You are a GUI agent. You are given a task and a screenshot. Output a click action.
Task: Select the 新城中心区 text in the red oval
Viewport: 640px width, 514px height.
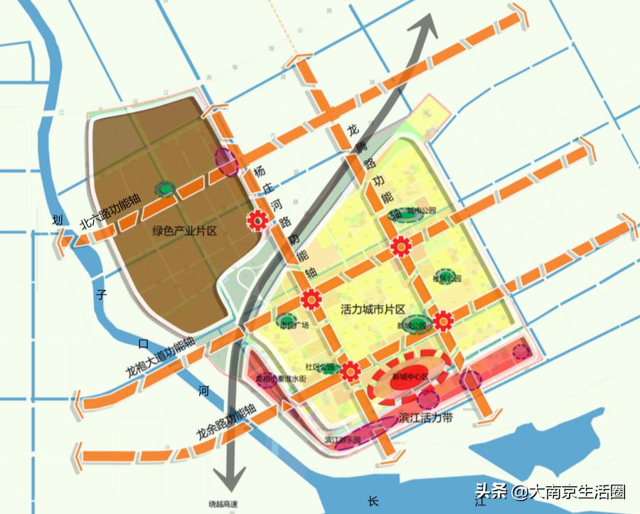click(409, 377)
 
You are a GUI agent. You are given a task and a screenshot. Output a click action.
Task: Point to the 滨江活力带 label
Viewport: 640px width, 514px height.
click(427, 418)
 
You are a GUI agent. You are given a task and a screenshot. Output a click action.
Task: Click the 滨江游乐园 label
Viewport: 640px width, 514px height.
click(342, 439)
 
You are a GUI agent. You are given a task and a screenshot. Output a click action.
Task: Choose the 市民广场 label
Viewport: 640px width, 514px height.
click(294, 325)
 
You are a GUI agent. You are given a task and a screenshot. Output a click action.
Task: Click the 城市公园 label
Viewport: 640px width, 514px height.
click(422, 211)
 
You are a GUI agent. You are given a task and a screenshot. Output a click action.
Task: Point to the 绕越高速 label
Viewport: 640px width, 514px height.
click(223, 505)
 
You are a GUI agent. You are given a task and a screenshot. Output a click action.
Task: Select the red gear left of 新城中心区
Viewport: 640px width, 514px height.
click(350, 371)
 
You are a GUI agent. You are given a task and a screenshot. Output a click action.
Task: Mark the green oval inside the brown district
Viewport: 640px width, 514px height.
click(165, 189)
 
